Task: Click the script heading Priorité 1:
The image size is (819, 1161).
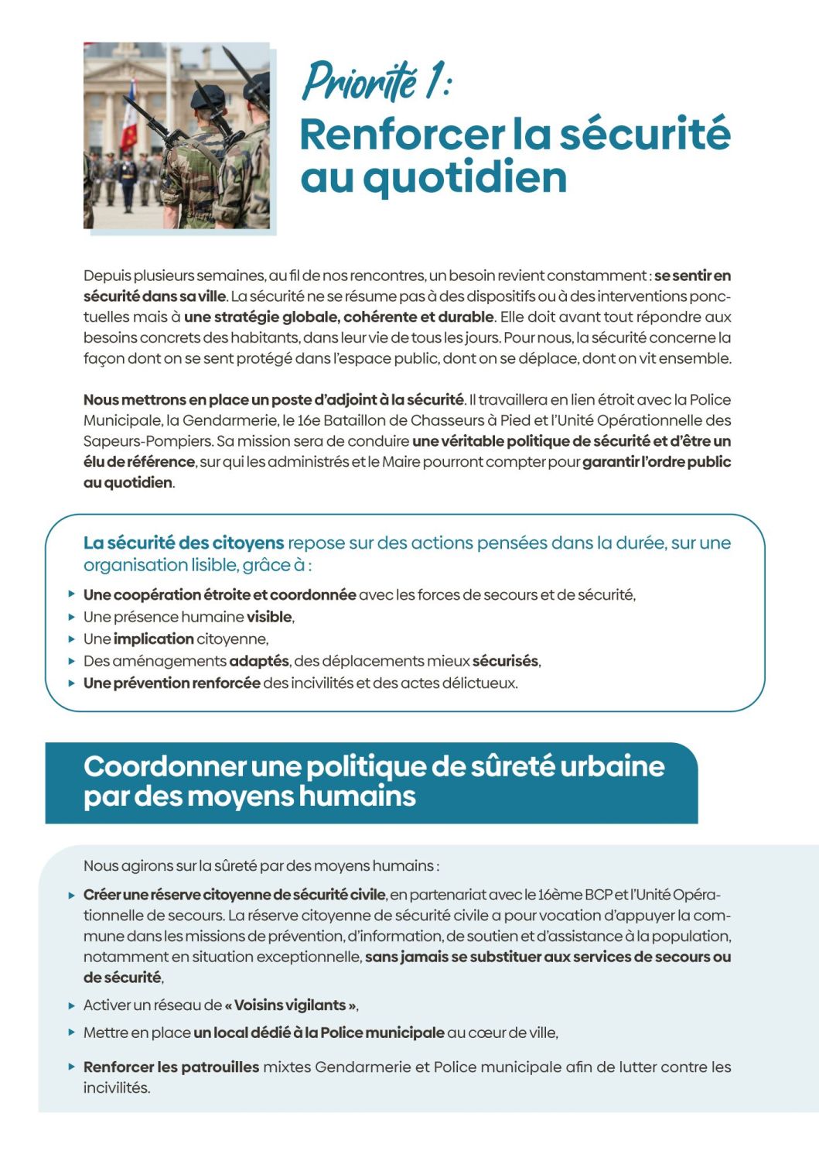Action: coord(376,80)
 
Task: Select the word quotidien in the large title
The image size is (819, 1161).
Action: coord(465,177)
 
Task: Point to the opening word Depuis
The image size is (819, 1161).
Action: coord(107,276)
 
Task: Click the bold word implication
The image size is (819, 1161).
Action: coord(153,639)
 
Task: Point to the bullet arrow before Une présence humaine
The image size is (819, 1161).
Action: coord(72,617)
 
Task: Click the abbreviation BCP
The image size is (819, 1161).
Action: coord(599,895)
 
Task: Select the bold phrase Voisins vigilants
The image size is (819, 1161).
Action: coord(290,1005)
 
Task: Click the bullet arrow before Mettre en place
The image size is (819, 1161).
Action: coord(72,1033)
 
